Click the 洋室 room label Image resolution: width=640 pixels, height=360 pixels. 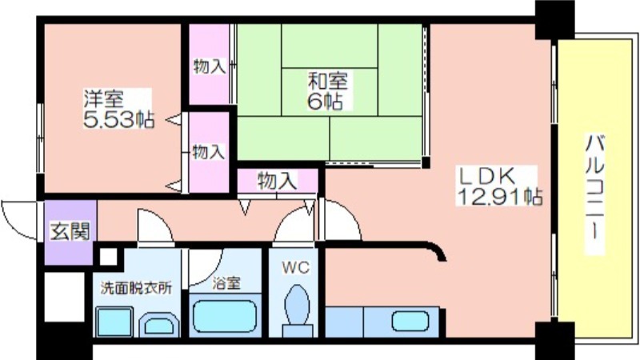click(104, 101)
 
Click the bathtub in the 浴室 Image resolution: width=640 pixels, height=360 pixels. click(225, 318)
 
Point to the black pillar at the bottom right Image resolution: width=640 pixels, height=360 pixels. click(554, 339)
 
